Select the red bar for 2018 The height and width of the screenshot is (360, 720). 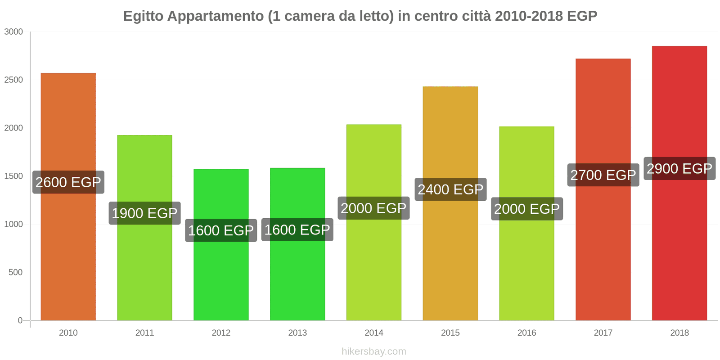click(679, 252)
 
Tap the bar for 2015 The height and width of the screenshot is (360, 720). click(450, 261)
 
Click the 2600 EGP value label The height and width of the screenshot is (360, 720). click(68, 182)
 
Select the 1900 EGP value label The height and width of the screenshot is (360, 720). click(144, 213)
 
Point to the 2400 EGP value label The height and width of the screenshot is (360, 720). click(450, 189)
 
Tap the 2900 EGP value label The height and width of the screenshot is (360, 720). click(679, 169)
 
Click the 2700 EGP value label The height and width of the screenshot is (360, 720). click(603, 175)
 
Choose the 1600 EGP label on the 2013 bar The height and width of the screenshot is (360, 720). click(297, 230)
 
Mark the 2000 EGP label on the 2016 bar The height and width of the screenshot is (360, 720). click(526, 209)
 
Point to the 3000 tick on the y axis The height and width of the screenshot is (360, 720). click(13, 32)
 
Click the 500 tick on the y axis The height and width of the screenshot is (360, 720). click(15, 272)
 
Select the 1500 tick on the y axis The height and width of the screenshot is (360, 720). click(13, 176)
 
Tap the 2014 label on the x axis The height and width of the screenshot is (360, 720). click(373, 333)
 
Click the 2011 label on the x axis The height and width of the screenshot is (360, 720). click(144, 333)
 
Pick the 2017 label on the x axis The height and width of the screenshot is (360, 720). click(603, 333)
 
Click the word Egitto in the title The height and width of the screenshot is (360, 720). click(143, 16)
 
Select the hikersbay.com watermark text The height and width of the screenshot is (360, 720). click(373, 351)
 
